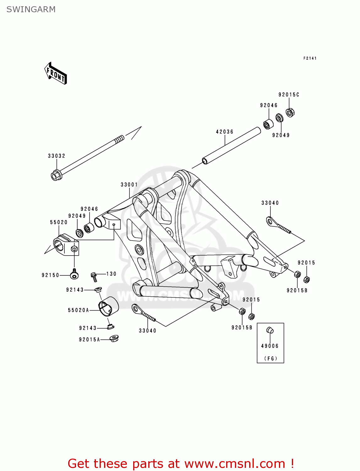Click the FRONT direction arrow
tap(56, 73)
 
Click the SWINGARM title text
tap(31, 9)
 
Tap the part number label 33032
tap(57, 156)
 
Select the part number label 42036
tap(225, 132)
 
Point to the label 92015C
tap(289, 95)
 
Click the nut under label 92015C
tap(290, 112)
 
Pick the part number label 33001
tap(129, 185)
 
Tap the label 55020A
tap(79, 310)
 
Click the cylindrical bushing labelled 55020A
tap(109, 306)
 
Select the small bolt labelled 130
tap(94, 277)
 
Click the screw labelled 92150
tap(74, 275)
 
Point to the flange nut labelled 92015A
tap(114, 338)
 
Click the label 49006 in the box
tap(270, 346)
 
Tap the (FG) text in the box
tap(270, 358)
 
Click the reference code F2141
tap(310, 58)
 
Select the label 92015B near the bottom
tap(242, 328)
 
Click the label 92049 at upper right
tap(281, 135)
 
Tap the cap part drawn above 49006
tap(270, 330)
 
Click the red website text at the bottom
tap(181, 463)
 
